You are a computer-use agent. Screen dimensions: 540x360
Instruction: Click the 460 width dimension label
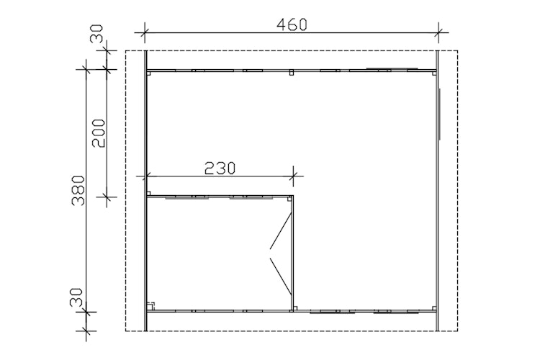pos(292,24)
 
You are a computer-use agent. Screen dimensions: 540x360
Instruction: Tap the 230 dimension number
pos(220,168)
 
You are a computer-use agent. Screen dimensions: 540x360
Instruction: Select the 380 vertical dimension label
pos(78,191)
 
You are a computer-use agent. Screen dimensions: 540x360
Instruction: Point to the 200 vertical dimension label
pos(99,133)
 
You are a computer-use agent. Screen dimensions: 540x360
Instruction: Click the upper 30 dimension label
pos(96,33)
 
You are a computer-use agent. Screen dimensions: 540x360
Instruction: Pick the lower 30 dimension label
pos(76,297)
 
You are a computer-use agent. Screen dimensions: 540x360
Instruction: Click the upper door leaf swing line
pos(282,231)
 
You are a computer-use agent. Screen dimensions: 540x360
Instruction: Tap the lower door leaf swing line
pos(282,276)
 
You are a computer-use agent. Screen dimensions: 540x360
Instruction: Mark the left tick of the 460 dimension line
pos(144,32)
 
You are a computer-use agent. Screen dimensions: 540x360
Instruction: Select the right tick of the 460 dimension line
pos(438,32)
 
